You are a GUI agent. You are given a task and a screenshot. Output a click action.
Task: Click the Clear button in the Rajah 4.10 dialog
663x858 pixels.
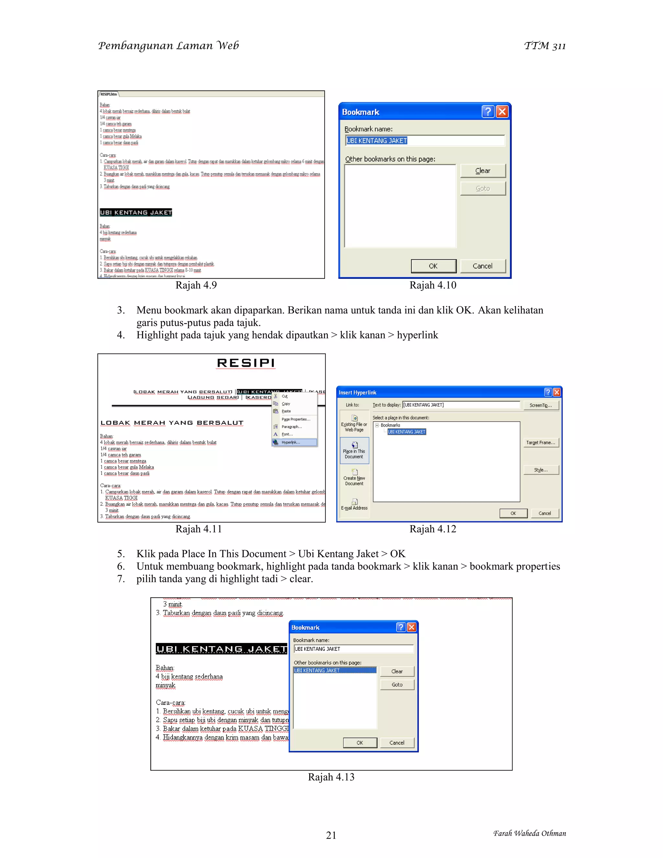pyautogui.click(x=483, y=171)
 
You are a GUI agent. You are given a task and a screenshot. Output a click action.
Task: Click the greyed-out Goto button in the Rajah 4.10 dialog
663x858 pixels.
pyautogui.click(x=483, y=188)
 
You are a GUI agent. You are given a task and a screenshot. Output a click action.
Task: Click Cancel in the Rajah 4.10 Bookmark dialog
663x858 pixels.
pyautogui.click(x=482, y=266)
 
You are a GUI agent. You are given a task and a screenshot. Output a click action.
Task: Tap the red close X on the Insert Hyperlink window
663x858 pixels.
pyautogui.click(x=556, y=392)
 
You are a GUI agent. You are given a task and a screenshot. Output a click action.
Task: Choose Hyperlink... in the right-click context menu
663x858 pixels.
pyautogui.click(x=291, y=442)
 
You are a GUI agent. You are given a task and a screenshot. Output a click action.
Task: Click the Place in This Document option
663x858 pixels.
pyautogui.click(x=354, y=451)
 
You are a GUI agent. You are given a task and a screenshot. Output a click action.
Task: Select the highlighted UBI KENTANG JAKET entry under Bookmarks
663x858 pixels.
pyautogui.click(x=407, y=432)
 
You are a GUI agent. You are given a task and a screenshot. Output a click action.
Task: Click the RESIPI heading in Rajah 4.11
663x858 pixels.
pyautogui.click(x=246, y=363)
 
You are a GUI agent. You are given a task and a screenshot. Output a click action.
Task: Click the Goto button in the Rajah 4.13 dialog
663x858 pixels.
pyautogui.click(x=397, y=685)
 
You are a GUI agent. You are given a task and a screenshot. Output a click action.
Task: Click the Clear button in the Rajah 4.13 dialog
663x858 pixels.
pyautogui.click(x=397, y=672)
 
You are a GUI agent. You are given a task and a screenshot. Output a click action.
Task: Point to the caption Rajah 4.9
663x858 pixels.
pyautogui.click(x=196, y=285)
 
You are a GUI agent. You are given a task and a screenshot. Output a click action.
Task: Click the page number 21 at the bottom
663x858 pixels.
pyautogui.click(x=331, y=835)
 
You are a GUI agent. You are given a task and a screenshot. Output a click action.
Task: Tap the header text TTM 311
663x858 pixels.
pyautogui.click(x=545, y=46)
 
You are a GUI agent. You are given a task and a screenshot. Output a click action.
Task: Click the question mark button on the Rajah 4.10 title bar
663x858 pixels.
pyautogui.click(x=488, y=112)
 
